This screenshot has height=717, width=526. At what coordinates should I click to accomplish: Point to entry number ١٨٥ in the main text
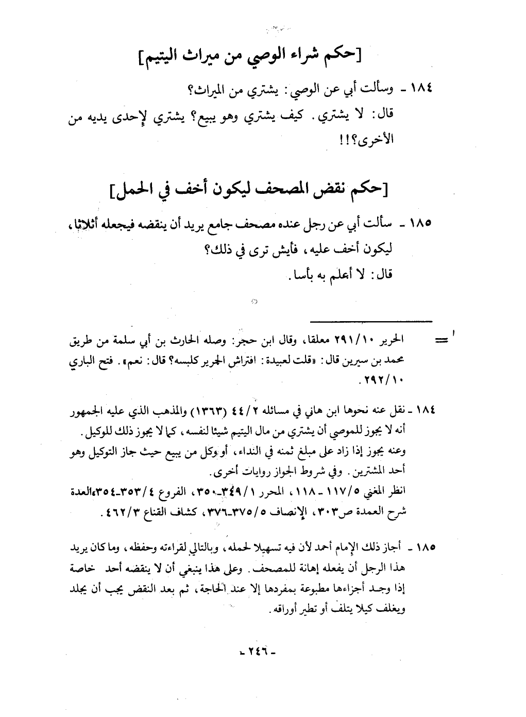[418, 225]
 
